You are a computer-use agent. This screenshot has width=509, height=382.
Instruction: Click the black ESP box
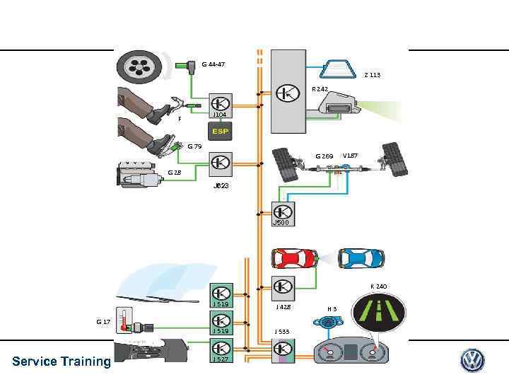(x=220, y=131)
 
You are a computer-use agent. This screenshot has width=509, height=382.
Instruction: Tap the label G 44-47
(x=213, y=64)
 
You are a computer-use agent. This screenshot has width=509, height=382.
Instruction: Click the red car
(x=294, y=260)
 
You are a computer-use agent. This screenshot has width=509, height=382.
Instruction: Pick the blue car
(x=361, y=260)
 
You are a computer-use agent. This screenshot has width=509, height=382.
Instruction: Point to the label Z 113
(x=372, y=74)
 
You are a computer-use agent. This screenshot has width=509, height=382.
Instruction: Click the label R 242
(x=320, y=89)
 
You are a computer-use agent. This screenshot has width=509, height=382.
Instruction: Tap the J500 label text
(x=281, y=222)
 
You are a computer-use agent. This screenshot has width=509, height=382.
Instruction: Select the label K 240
(x=379, y=286)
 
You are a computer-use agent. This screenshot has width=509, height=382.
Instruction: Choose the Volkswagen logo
(x=472, y=361)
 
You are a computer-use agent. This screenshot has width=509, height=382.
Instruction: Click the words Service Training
(x=62, y=361)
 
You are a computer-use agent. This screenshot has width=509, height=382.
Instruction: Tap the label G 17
(x=103, y=321)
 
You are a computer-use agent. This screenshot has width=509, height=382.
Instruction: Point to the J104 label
(x=220, y=115)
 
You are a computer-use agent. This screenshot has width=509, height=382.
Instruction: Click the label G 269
(x=324, y=156)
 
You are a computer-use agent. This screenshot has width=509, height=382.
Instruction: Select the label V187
(x=350, y=155)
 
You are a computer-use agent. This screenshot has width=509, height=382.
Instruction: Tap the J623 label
(x=221, y=185)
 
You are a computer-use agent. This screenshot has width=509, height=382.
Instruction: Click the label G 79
(x=194, y=146)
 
